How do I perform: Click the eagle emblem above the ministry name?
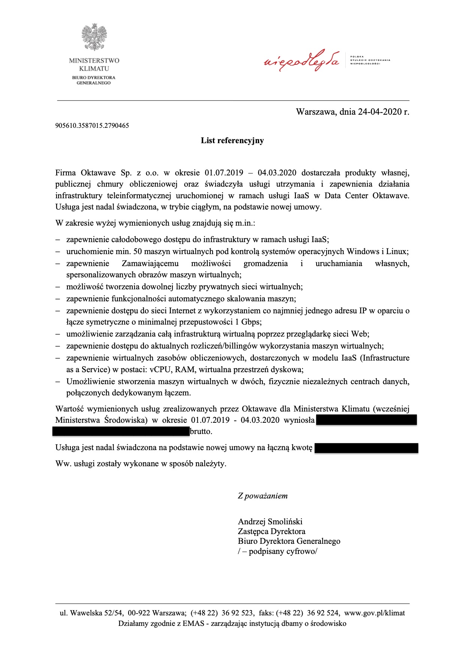pos(94,37)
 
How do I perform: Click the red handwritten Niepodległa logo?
pos(302,60)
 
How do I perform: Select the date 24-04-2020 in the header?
pos(379,112)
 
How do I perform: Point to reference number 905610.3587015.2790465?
pos(92,126)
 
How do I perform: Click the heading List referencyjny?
pos(232,141)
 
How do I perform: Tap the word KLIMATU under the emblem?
pos(94,69)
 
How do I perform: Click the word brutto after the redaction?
pos(201,431)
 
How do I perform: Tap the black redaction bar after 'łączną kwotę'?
pos(366,448)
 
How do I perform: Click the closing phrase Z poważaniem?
pos(262,496)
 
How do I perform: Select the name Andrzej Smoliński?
pos(270,522)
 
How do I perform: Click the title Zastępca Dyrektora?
pos(271,531)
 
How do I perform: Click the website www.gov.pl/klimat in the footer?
pos(374,613)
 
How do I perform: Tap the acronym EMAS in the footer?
pos(193,624)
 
